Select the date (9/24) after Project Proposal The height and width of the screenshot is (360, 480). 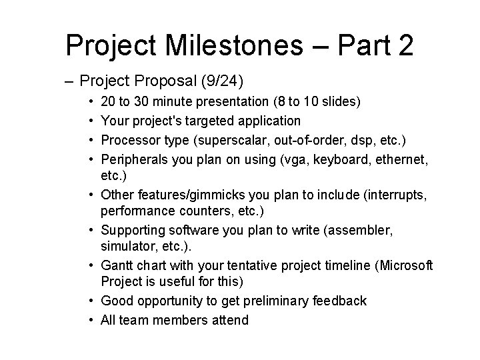click(x=224, y=81)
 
